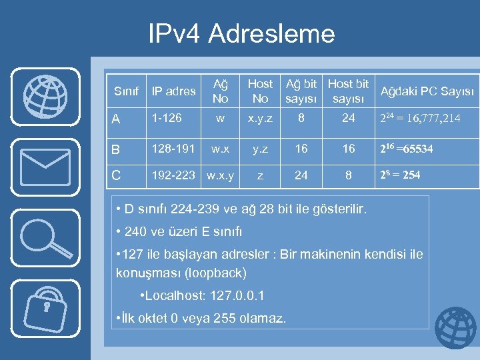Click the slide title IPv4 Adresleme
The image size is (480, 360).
pyautogui.click(x=241, y=33)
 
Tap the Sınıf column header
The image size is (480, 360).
pyautogui.click(x=126, y=91)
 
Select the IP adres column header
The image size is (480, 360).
pyautogui.click(x=173, y=91)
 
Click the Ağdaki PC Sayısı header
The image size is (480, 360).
pyautogui.click(x=427, y=91)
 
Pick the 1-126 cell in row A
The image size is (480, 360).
pyautogui.click(x=167, y=119)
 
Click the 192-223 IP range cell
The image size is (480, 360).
pyautogui.click(x=173, y=176)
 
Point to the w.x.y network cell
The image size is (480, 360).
pyautogui.click(x=220, y=176)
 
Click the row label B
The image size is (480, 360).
pyautogui.click(x=116, y=149)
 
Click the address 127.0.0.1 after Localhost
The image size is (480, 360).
pyautogui.click(x=237, y=295)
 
